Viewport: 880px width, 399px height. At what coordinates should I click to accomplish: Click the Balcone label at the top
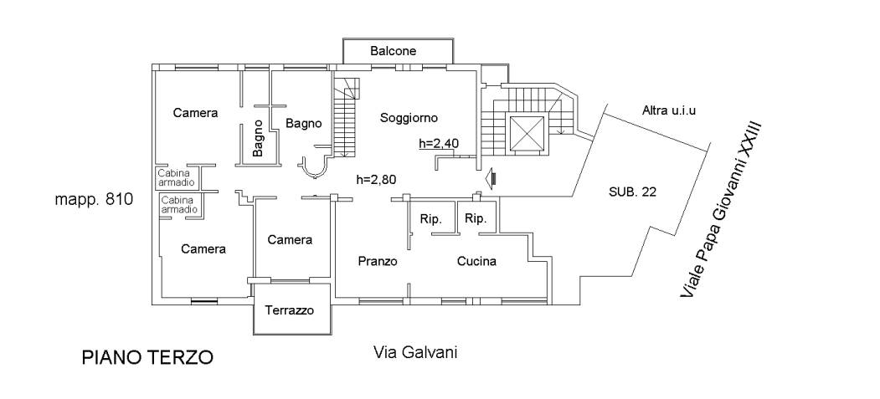pyautogui.click(x=393, y=52)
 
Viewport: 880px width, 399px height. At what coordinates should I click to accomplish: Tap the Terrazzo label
pyautogui.click(x=289, y=310)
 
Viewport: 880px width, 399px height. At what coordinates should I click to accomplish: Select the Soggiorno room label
pyautogui.click(x=409, y=118)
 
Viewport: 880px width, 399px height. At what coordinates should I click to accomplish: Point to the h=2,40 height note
pyautogui.click(x=439, y=144)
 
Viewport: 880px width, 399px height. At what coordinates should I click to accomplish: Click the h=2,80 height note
pyautogui.click(x=376, y=178)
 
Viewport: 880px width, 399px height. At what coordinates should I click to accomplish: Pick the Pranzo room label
pyautogui.click(x=377, y=261)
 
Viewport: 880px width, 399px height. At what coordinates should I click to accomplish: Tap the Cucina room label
pyautogui.click(x=476, y=261)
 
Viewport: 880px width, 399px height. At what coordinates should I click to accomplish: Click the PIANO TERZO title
pyautogui.click(x=147, y=358)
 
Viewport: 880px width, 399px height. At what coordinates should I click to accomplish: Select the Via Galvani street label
pyautogui.click(x=414, y=351)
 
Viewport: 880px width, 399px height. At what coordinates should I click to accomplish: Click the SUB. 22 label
pyautogui.click(x=632, y=192)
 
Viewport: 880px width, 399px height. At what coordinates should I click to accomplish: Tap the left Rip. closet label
pyautogui.click(x=430, y=220)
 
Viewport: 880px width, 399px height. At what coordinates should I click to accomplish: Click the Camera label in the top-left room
pyautogui.click(x=195, y=113)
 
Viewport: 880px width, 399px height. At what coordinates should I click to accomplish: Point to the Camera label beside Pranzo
pyautogui.click(x=290, y=240)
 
